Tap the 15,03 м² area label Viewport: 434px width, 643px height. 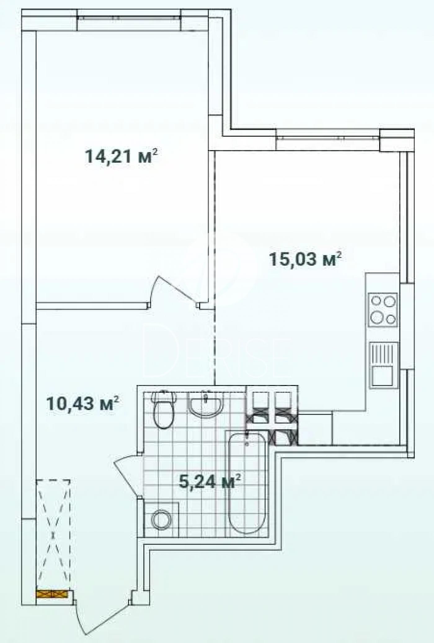(306, 259)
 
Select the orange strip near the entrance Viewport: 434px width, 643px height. (52, 593)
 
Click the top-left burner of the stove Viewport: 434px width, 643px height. (377, 301)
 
